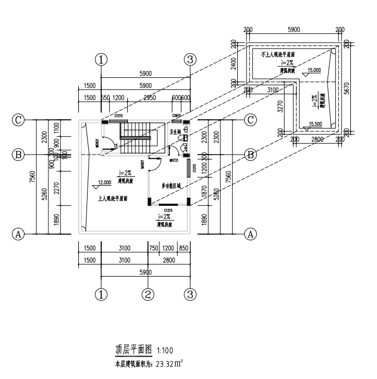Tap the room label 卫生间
(175, 132)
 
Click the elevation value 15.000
(314, 70)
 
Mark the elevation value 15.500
(314, 124)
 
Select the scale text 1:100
(165, 351)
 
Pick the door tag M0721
(174, 161)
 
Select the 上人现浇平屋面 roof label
(113, 199)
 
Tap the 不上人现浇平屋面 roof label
(277, 55)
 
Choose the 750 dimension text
(154, 248)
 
